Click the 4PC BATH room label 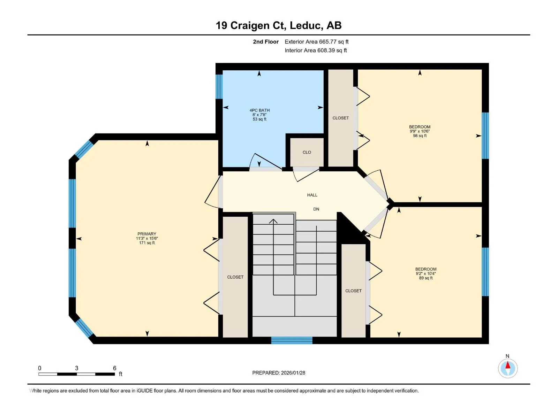[259, 110]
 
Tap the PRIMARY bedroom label [147, 234]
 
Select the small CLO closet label [307, 152]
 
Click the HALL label [312, 195]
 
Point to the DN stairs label [316, 209]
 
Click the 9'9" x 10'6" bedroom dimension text [420, 131]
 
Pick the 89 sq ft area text [426, 278]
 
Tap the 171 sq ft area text [147, 243]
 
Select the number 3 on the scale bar [76, 368]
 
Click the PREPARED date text [279, 373]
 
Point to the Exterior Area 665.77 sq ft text [317, 41]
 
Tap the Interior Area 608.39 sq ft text [316, 50]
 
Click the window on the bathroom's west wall [219, 86]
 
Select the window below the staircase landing [292, 340]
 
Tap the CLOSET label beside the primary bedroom [235, 277]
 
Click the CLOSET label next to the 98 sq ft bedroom [341, 118]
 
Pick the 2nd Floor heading [266, 41]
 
